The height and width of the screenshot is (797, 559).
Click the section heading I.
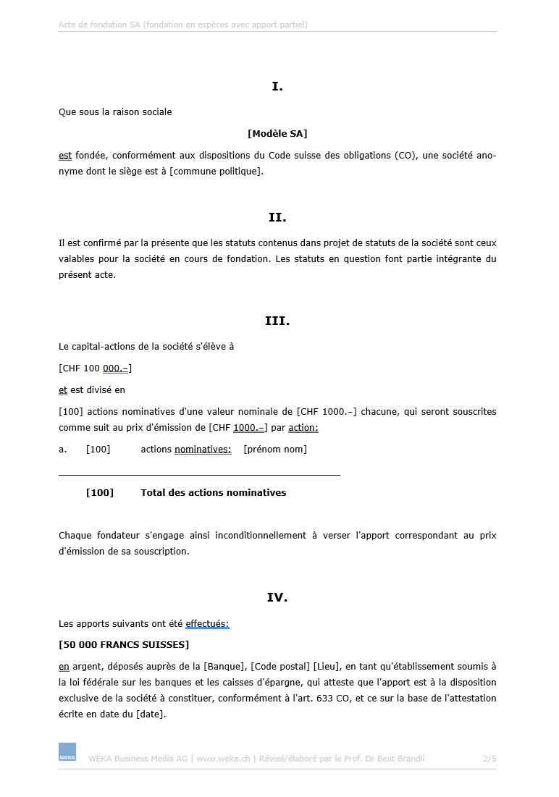(x=277, y=87)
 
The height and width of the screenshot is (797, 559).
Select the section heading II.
(x=277, y=217)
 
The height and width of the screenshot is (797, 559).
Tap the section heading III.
(x=277, y=321)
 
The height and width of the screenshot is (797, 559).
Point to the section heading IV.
(x=277, y=598)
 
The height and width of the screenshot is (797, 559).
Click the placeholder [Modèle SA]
(x=277, y=134)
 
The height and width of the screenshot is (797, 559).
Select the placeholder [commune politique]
(x=217, y=172)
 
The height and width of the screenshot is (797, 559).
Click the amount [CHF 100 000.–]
(x=95, y=368)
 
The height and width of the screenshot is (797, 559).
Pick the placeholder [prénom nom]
(x=275, y=450)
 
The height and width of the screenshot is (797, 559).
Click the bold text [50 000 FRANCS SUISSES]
(x=124, y=645)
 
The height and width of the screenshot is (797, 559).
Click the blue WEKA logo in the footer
(x=67, y=752)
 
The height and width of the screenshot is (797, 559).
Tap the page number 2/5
(x=489, y=759)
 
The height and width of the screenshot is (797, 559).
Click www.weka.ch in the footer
(x=223, y=759)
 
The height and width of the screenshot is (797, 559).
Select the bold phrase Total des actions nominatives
(x=214, y=493)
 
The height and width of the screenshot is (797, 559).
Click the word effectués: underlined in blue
(x=207, y=623)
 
